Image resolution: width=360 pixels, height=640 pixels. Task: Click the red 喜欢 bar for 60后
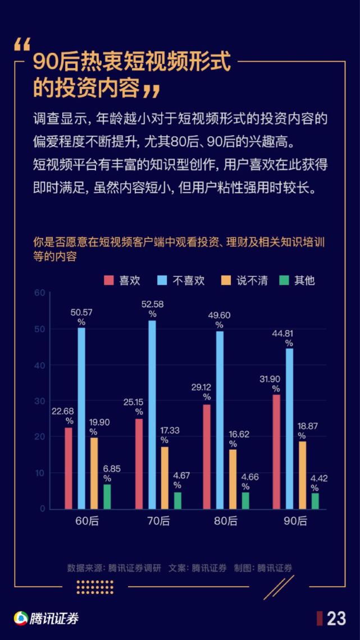click(x=69, y=468)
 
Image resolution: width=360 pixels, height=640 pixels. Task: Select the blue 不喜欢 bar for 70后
click(x=152, y=415)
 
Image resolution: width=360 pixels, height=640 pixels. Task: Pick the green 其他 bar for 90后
click(x=315, y=501)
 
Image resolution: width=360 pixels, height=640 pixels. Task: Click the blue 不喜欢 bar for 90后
click(x=289, y=429)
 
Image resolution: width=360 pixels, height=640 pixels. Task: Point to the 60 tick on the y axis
click(x=39, y=293)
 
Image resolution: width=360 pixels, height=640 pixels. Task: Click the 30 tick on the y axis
click(x=39, y=401)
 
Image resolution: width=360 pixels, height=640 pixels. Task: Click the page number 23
click(x=336, y=618)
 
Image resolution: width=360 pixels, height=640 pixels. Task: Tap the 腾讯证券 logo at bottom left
click(x=46, y=618)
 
